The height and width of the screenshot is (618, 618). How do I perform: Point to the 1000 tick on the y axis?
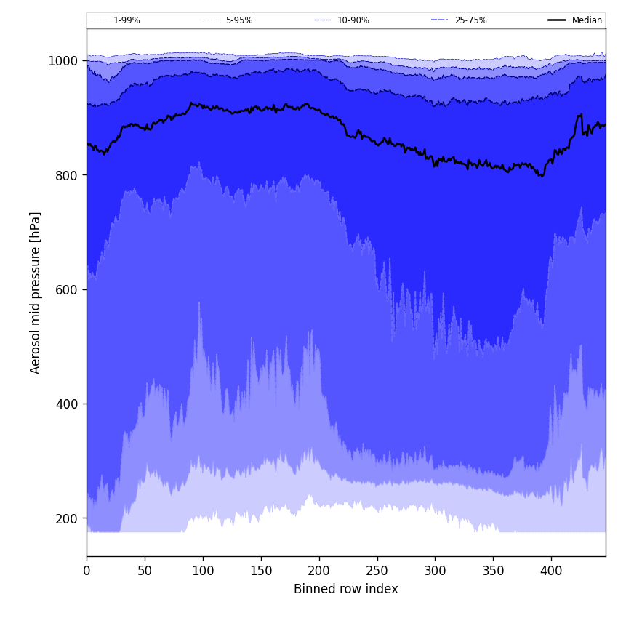tap(63, 61)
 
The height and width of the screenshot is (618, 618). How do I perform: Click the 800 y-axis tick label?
tap(67, 175)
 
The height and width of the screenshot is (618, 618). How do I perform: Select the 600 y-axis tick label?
tap(67, 289)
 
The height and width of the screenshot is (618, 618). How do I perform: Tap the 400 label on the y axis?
tap(67, 404)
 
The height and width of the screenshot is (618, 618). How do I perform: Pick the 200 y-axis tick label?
tap(67, 518)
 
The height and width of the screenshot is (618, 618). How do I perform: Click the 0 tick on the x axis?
tap(87, 571)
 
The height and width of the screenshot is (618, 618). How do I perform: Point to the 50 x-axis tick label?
tap(145, 571)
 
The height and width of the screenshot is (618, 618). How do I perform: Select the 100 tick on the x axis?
tap(203, 571)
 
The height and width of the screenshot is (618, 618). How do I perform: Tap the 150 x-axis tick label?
tap(261, 571)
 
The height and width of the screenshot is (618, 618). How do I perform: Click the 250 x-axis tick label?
tap(377, 571)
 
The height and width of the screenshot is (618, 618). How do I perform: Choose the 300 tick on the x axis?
tap(436, 571)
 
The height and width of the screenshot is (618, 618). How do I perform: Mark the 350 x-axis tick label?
tap(494, 571)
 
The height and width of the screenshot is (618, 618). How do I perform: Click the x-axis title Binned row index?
tap(346, 590)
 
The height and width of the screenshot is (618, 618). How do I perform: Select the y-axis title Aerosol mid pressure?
tap(36, 292)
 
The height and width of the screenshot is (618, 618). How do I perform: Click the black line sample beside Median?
tap(558, 20)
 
